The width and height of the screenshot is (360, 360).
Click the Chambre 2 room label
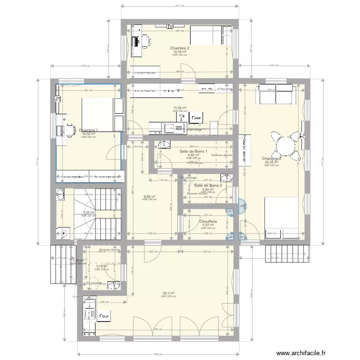[180, 48]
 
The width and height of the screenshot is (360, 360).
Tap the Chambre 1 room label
[89, 130]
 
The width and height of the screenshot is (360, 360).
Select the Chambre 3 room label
[271, 159]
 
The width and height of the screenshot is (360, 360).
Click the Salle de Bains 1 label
[193, 152]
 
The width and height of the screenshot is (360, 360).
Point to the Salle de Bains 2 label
[208, 185]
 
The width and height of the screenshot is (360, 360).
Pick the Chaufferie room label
[208, 221]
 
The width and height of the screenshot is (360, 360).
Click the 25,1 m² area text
[168, 293]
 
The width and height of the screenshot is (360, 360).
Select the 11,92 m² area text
[180, 108]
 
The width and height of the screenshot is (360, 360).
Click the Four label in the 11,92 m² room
[196, 117]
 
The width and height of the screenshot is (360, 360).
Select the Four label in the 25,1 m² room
[104, 317]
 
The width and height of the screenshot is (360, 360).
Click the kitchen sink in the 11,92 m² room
[169, 128]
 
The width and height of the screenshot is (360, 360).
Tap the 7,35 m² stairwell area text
[88, 213]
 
